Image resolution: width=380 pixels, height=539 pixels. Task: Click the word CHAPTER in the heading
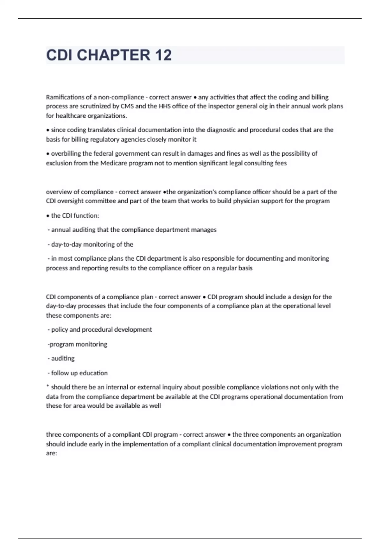pyautogui.click(x=114, y=55)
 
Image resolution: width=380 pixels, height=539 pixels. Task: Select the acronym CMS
pyautogui.click(x=127, y=106)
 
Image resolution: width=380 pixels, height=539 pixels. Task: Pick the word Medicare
pyautogui.click(x=113, y=163)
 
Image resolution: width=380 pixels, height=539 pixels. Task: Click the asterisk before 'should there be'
pyautogui.click(x=47, y=386)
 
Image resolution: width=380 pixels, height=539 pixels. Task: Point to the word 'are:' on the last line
pyautogui.click(x=51, y=453)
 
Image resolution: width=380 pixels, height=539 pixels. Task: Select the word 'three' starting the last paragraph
pyautogui.click(x=53, y=434)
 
